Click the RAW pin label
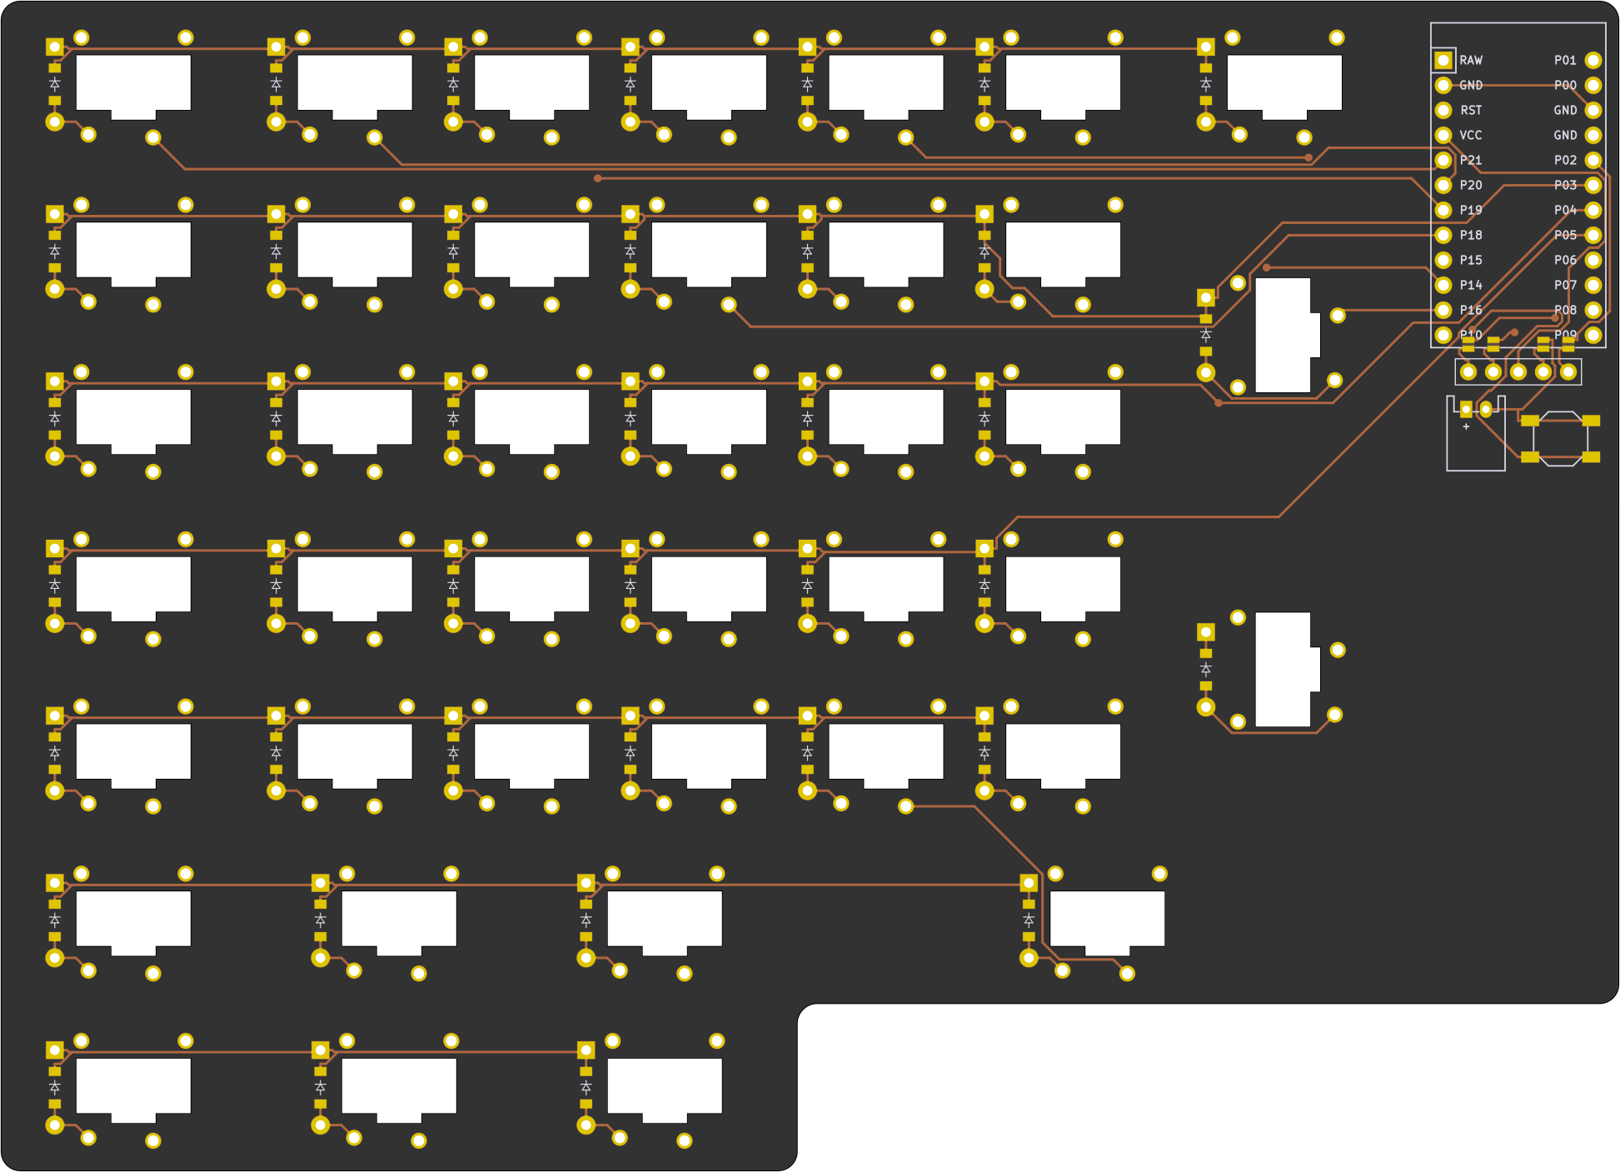[1471, 60]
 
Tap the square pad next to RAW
[1443, 60]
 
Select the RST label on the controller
[1471, 110]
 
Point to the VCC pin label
[1471, 135]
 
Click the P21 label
[1471, 160]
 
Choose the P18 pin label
[1471, 235]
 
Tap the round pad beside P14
[1443, 285]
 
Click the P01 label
[1565, 60]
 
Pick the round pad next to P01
[1593, 60]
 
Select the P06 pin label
[1565, 260]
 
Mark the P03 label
[1565, 185]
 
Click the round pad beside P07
[1593, 285]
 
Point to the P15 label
[1471, 260]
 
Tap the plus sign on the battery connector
[1466, 426]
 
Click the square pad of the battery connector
[1466, 409]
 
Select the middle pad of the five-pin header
[1518, 372]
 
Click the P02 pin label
[1565, 160]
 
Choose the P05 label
[1565, 235]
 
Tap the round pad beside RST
[1443, 110]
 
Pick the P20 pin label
[1471, 185]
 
